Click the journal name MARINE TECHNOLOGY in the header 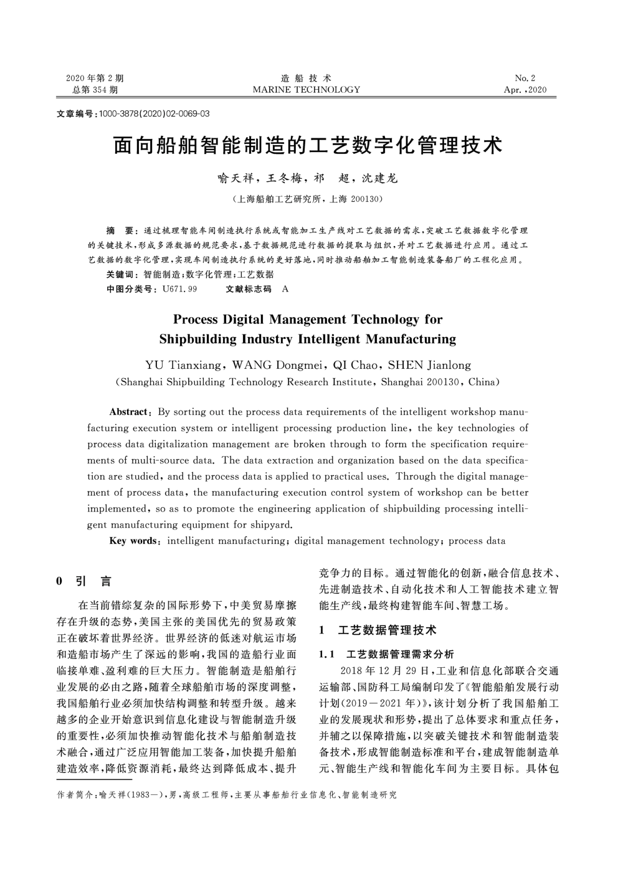tap(306, 90)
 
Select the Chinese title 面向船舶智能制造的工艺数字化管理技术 tap(307, 146)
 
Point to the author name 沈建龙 tap(378, 178)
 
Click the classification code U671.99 tap(179, 289)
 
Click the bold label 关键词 tap(123, 275)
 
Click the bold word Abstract tap(128, 412)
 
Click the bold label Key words tap(133, 541)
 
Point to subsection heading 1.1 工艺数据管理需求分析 tap(386, 655)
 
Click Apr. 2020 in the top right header tap(525, 90)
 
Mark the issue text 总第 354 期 tap(95, 90)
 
